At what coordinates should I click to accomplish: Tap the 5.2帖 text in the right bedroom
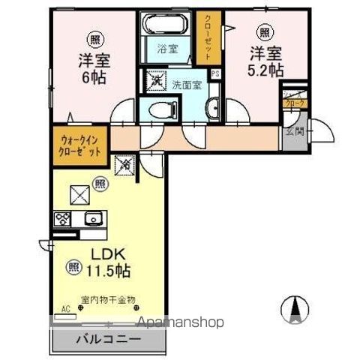(266, 71)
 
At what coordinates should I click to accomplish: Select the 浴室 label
(166, 49)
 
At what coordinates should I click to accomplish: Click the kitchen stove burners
(61, 219)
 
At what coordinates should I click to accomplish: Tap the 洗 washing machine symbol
(157, 79)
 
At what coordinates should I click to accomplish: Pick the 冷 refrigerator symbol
(124, 163)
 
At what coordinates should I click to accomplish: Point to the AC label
(64, 308)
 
